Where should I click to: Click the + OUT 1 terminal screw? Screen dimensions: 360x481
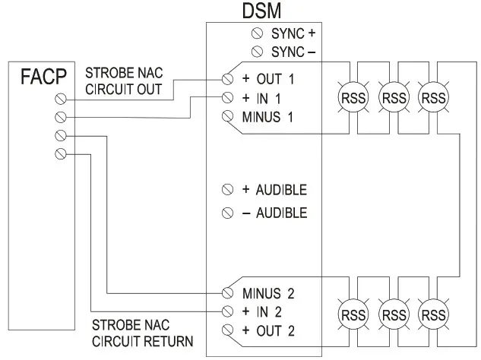(x=227, y=79)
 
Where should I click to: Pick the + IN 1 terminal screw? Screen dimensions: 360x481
(x=227, y=97)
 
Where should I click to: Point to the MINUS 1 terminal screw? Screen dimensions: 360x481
(x=227, y=116)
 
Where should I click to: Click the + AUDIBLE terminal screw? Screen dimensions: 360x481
(x=227, y=189)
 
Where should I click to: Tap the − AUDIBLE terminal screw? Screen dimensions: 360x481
(x=227, y=213)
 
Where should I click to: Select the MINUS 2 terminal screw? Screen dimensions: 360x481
(x=227, y=292)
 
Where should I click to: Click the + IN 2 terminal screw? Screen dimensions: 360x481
(x=227, y=311)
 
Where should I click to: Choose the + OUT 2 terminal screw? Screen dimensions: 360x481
(x=227, y=330)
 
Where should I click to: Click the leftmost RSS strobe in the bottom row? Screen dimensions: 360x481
(x=352, y=314)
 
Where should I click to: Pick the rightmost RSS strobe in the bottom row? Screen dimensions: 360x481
(x=433, y=314)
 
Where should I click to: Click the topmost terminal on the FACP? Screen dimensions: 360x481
(x=62, y=99)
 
